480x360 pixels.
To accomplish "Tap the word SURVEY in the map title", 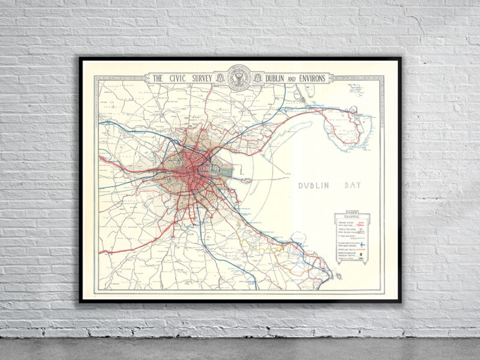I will point(201,79).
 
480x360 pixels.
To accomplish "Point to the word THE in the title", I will point(158,79).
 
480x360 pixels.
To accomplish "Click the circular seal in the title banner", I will point(239,77).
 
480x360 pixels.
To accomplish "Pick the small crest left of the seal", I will point(220,78).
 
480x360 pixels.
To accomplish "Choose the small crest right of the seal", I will point(259,78).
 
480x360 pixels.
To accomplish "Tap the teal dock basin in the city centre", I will point(223,170).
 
